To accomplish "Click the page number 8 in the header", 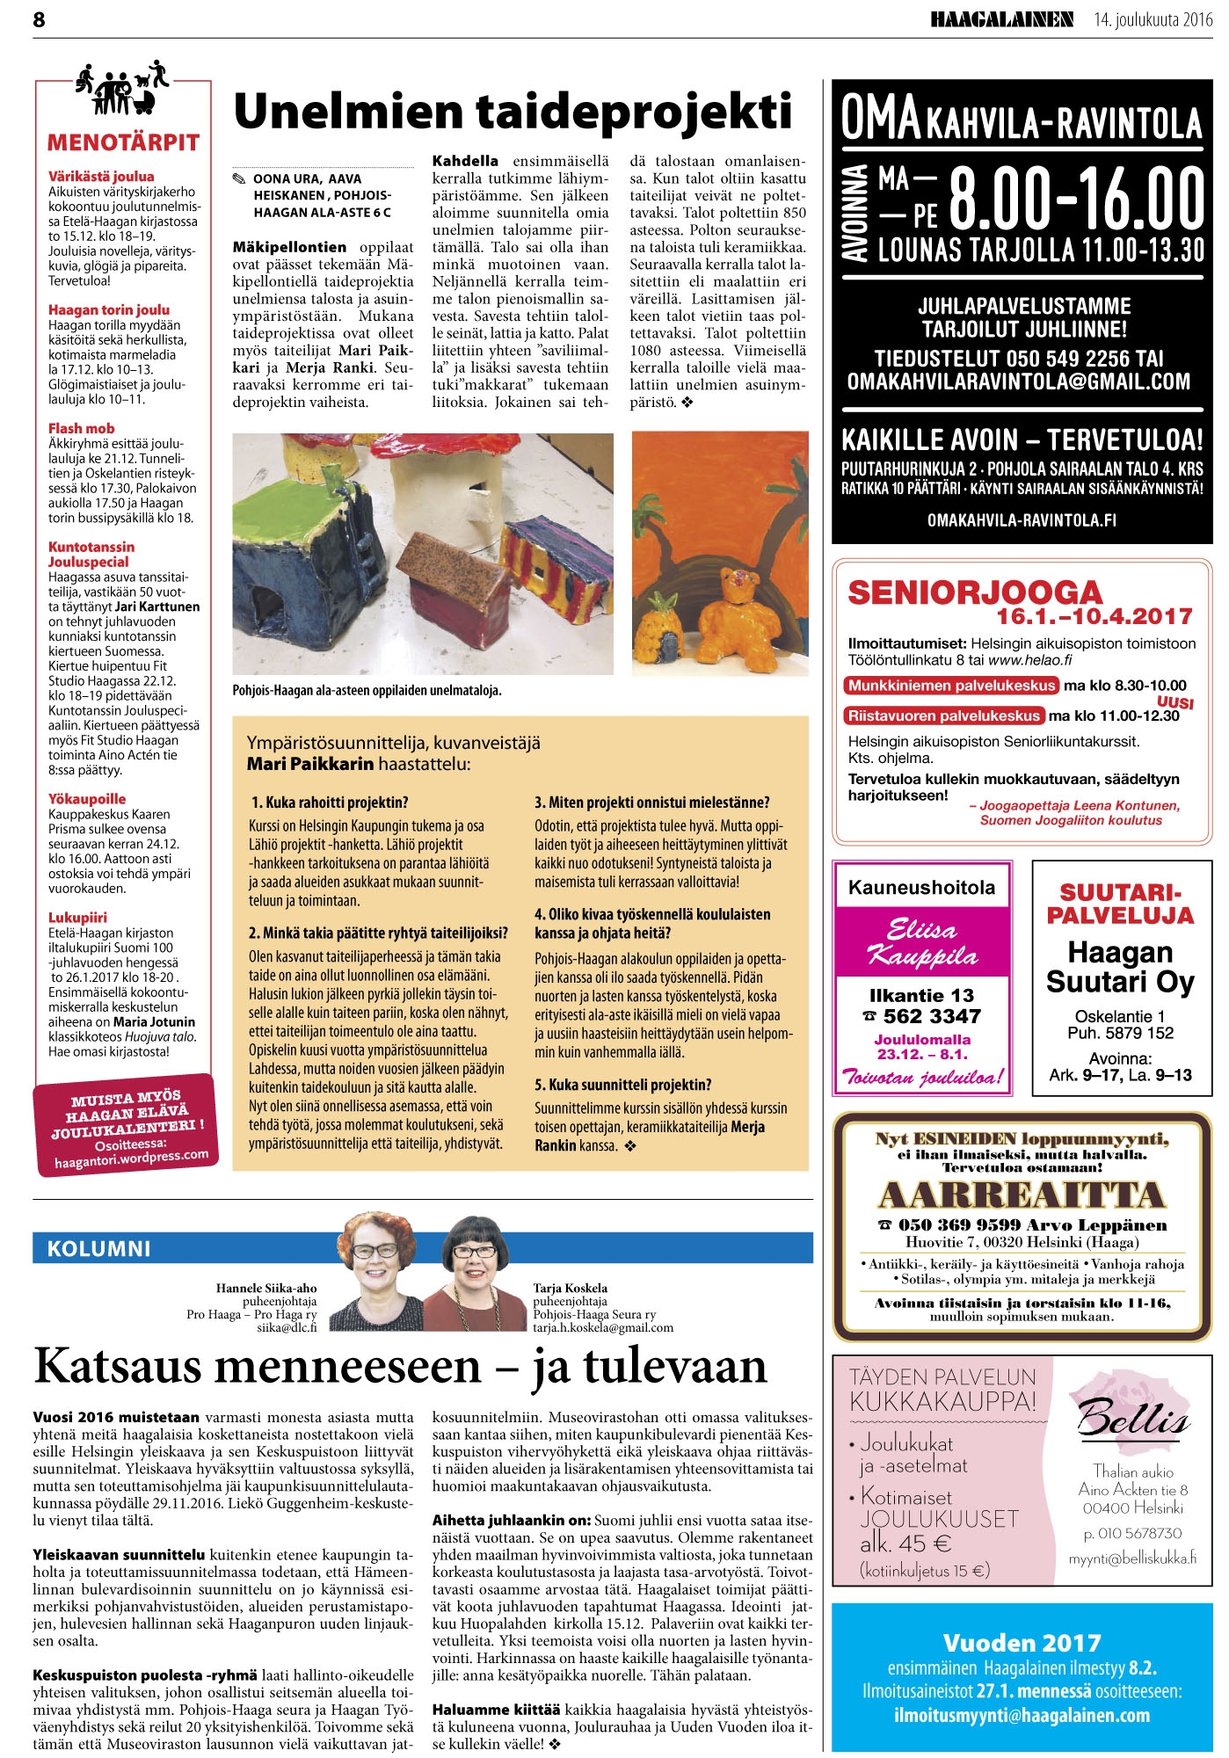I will click(39, 19).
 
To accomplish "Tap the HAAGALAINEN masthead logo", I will click(1002, 19).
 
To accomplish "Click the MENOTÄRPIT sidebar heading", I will click(123, 142).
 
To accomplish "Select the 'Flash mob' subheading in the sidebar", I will click(81, 428).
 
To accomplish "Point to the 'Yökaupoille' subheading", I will click(87, 799).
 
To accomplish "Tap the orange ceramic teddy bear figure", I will click(738, 616).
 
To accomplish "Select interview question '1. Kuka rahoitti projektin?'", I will click(330, 803).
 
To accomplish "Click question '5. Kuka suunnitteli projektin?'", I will click(622, 1085).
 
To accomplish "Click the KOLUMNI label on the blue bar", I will click(99, 1249).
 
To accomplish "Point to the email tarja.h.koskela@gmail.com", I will click(602, 1328).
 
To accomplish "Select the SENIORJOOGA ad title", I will click(974, 592).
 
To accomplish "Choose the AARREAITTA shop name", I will click(1022, 1195).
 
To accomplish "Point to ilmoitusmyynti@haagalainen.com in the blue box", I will click(1022, 1715).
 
